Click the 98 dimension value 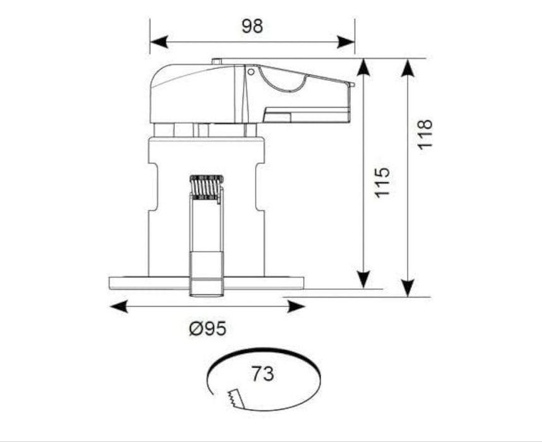point(252,27)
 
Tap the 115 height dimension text point(382,182)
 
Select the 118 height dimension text point(425,134)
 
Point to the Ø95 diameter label point(208,328)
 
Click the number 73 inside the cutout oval point(262,374)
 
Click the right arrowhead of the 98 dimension point(346,42)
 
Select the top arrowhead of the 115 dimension point(363,67)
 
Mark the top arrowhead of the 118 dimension point(408,67)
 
